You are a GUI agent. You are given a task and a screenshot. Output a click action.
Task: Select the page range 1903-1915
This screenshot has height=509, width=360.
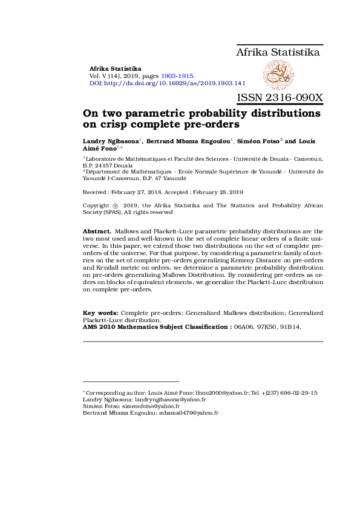click(x=177, y=76)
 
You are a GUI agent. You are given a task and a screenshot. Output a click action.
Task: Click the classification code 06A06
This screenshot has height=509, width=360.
click(x=244, y=326)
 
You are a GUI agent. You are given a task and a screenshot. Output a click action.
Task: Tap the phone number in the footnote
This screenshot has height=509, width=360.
click(x=285, y=392)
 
